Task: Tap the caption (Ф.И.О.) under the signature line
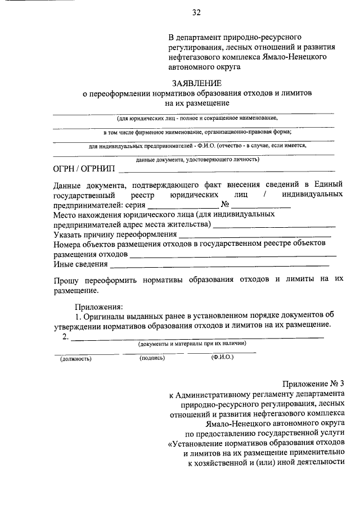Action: click(222, 357)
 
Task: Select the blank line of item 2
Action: click(197, 337)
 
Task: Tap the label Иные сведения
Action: click(80, 264)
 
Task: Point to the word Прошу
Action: click(65, 279)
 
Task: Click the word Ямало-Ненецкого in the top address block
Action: click(294, 57)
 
